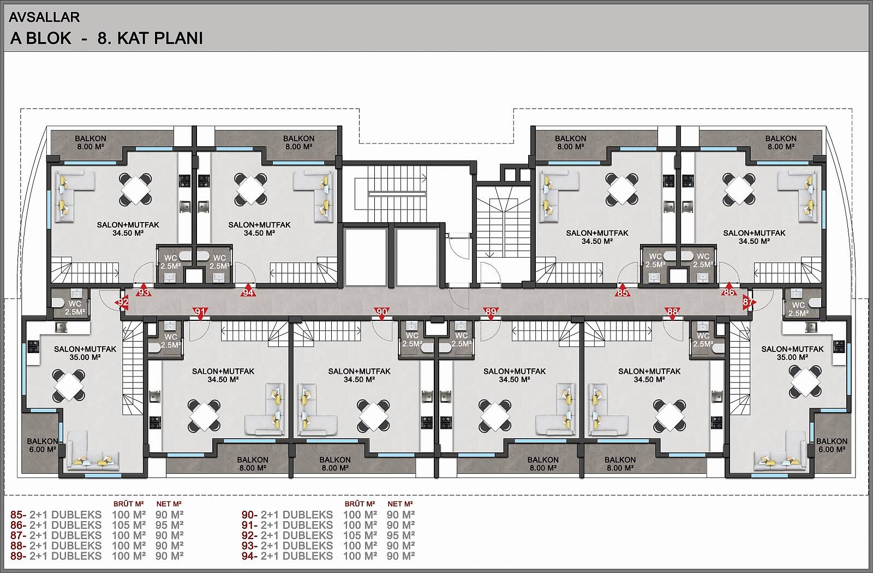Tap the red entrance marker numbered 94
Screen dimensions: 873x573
point(248,291)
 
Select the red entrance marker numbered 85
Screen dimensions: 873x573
point(623,291)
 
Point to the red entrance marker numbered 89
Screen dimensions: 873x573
point(491,313)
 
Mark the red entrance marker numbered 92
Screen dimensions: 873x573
point(123,302)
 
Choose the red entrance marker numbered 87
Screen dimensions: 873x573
point(748,302)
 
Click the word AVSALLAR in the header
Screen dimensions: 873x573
point(44,17)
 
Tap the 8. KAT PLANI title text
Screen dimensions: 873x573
point(150,38)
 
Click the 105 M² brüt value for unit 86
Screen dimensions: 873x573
point(129,525)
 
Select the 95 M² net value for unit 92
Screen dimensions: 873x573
point(400,535)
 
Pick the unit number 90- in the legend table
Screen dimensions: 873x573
point(249,515)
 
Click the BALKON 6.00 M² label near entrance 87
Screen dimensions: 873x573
point(832,445)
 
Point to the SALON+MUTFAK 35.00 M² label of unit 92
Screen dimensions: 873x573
point(85,353)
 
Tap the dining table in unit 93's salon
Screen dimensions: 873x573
point(135,189)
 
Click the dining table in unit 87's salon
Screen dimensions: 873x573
point(805,381)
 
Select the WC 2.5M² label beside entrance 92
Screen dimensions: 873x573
point(75,308)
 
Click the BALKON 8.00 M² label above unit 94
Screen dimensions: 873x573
point(298,142)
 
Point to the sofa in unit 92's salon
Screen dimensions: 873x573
point(93,451)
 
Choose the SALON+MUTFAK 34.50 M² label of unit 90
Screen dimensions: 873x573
point(359,375)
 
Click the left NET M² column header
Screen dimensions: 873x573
point(169,504)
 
